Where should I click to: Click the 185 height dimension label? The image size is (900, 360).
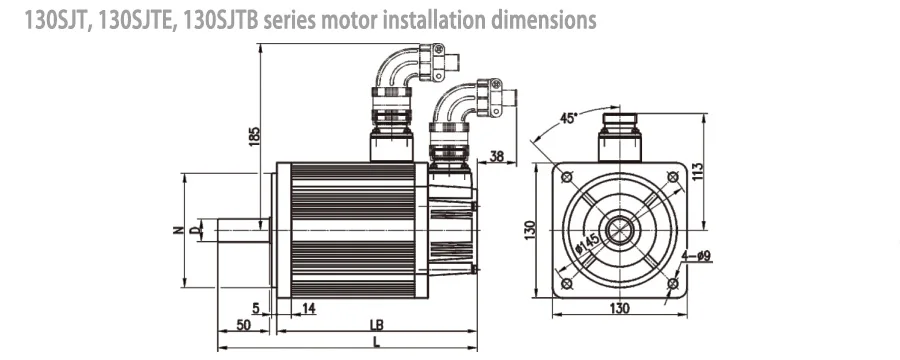[x=254, y=136]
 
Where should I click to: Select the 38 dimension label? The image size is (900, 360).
[x=497, y=156]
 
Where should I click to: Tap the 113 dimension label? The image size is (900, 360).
[x=697, y=171]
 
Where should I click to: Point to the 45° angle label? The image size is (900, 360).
[x=568, y=119]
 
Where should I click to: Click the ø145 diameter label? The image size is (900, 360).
[x=587, y=243]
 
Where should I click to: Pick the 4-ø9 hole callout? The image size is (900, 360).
[x=696, y=256]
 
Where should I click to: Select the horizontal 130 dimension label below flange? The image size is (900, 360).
[x=619, y=308]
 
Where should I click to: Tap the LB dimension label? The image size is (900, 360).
[x=377, y=324]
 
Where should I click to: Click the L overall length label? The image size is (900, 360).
[x=377, y=342]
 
